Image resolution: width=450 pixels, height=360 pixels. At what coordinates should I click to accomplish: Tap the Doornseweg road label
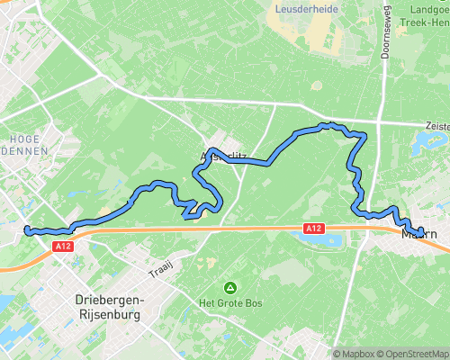(386, 40)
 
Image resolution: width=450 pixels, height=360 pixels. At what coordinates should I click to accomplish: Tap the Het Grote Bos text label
(231, 303)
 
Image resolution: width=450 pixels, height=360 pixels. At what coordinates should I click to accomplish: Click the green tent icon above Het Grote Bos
(231, 288)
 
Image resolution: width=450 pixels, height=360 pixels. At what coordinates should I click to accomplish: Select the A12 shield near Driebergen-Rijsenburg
(62, 246)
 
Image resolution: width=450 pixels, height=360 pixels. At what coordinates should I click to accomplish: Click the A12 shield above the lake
(313, 229)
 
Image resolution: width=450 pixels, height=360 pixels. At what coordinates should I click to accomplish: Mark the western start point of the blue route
(28, 230)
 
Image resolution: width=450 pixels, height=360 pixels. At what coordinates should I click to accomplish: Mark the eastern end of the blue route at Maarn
(420, 234)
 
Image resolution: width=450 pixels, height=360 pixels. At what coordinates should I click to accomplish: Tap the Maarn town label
(418, 236)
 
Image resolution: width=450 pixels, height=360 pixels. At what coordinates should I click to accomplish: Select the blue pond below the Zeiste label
(424, 141)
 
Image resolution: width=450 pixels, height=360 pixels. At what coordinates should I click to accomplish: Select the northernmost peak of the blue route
(330, 124)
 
